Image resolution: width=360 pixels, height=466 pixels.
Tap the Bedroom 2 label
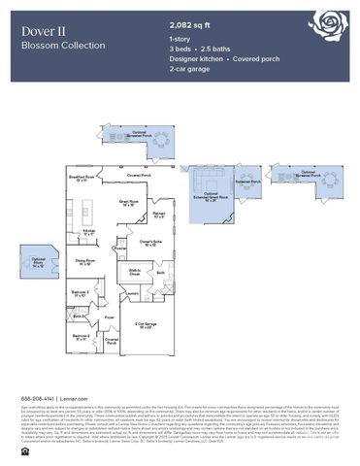[x=81, y=337]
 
